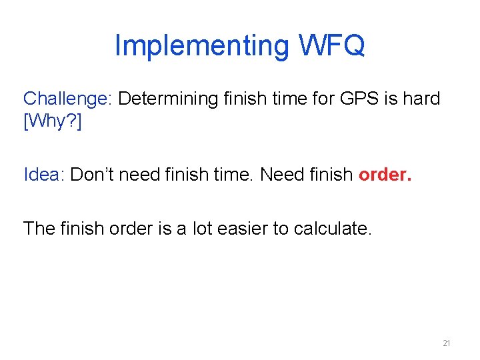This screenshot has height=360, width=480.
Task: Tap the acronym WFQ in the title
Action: pyautogui.click(x=328, y=46)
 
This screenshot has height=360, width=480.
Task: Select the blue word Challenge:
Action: pyautogui.click(x=67, y=99)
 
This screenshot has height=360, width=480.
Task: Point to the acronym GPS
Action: pyautogui.click(x=358, y=99)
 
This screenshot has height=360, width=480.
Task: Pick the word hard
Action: pyautogui.click(x=421, y=99)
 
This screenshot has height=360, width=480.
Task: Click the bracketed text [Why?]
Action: pyautogui.click(x=52, y=123)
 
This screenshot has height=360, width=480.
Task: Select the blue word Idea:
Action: pyautogui.click(x=44, y=175)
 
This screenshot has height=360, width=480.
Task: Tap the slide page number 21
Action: pyautogui.click(x=447, y=343)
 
